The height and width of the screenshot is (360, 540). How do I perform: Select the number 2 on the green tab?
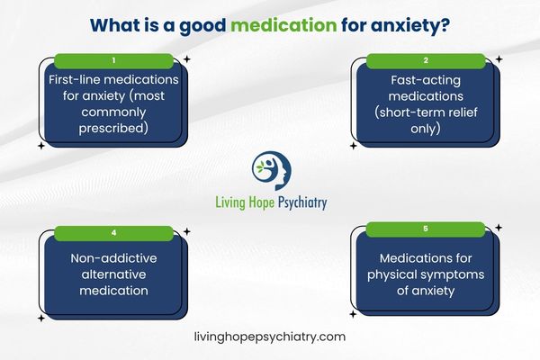425,60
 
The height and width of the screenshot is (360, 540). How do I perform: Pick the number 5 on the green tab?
425,233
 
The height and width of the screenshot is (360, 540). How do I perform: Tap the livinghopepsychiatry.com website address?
270,336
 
